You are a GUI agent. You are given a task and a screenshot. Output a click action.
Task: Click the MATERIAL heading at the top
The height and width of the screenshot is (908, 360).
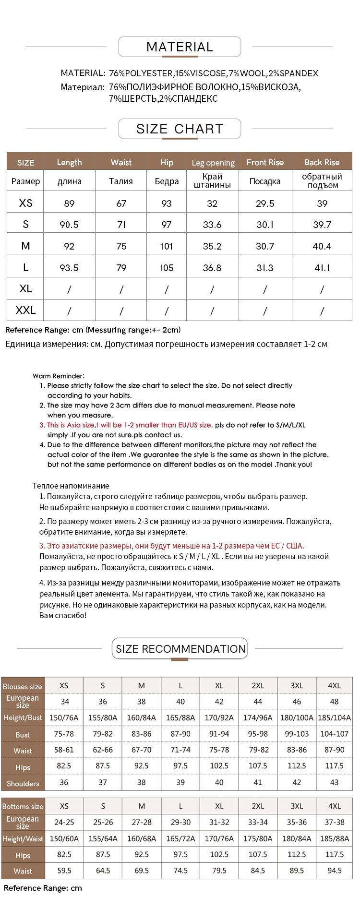coord(180,47)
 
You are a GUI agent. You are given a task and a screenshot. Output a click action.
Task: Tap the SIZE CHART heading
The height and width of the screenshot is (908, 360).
coord(180,129)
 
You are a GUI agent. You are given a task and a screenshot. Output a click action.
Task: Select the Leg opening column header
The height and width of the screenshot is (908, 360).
coord(213,163)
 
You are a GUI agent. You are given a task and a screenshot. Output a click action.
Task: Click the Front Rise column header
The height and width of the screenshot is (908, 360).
coord(265,162)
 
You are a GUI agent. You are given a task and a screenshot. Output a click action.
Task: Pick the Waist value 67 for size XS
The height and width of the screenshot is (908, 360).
coord(121,203)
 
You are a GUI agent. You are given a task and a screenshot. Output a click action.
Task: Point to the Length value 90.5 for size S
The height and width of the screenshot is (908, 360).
coord(69,225)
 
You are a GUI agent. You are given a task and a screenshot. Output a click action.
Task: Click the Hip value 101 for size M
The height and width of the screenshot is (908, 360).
coord(167,246)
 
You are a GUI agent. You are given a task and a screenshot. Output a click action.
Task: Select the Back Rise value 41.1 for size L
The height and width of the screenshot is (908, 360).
coord(322,268)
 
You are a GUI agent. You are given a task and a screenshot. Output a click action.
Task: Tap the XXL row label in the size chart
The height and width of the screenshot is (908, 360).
coord(25,311)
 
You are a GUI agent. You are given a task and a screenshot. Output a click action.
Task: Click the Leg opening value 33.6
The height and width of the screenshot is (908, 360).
coord(212,225)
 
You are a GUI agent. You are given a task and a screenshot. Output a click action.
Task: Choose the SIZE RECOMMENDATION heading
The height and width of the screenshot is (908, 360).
coord(180,649)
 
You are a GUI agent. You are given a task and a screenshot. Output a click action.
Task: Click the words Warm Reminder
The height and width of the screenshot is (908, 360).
coord(59,376)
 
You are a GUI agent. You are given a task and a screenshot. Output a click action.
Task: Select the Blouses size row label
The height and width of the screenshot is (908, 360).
coord(23,687)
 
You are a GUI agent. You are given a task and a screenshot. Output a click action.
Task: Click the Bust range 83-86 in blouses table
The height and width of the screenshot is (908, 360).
coord(142,734)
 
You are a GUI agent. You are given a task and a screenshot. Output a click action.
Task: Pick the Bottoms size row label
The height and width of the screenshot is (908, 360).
coord(23,807)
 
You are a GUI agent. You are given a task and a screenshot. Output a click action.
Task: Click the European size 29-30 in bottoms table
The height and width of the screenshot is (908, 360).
coord(180,822)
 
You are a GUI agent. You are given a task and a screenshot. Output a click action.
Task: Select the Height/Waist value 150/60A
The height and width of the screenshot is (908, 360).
coord(64,838)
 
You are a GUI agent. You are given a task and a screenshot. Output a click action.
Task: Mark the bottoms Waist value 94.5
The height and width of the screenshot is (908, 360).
coord(334,870)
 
